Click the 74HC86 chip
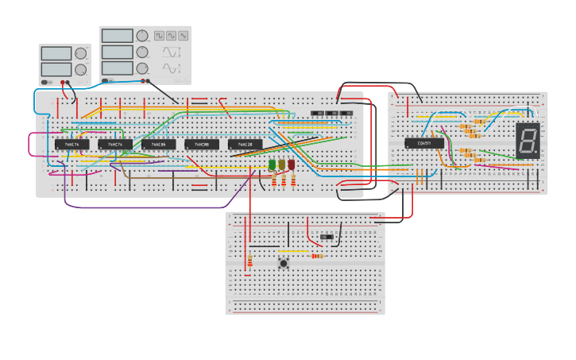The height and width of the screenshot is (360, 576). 158,145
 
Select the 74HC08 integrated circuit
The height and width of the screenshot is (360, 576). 202,145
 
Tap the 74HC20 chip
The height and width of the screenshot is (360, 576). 245,145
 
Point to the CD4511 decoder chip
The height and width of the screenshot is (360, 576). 423,144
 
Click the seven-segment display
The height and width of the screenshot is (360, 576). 528,139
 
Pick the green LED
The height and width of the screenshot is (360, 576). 273,165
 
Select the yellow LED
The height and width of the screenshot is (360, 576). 282,165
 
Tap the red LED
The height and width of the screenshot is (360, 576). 292,165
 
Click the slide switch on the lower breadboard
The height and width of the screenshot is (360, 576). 327,237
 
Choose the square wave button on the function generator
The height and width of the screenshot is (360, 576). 159,36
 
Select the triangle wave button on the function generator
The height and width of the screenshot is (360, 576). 171,36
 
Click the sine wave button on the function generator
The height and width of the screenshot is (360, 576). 184,36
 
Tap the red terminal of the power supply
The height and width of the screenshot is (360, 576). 63,82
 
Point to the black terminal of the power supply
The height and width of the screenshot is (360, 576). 69,82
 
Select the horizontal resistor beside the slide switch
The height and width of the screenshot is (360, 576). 318,256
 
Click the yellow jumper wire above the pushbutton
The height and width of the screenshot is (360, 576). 293,252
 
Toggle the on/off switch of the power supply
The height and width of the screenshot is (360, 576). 47,82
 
